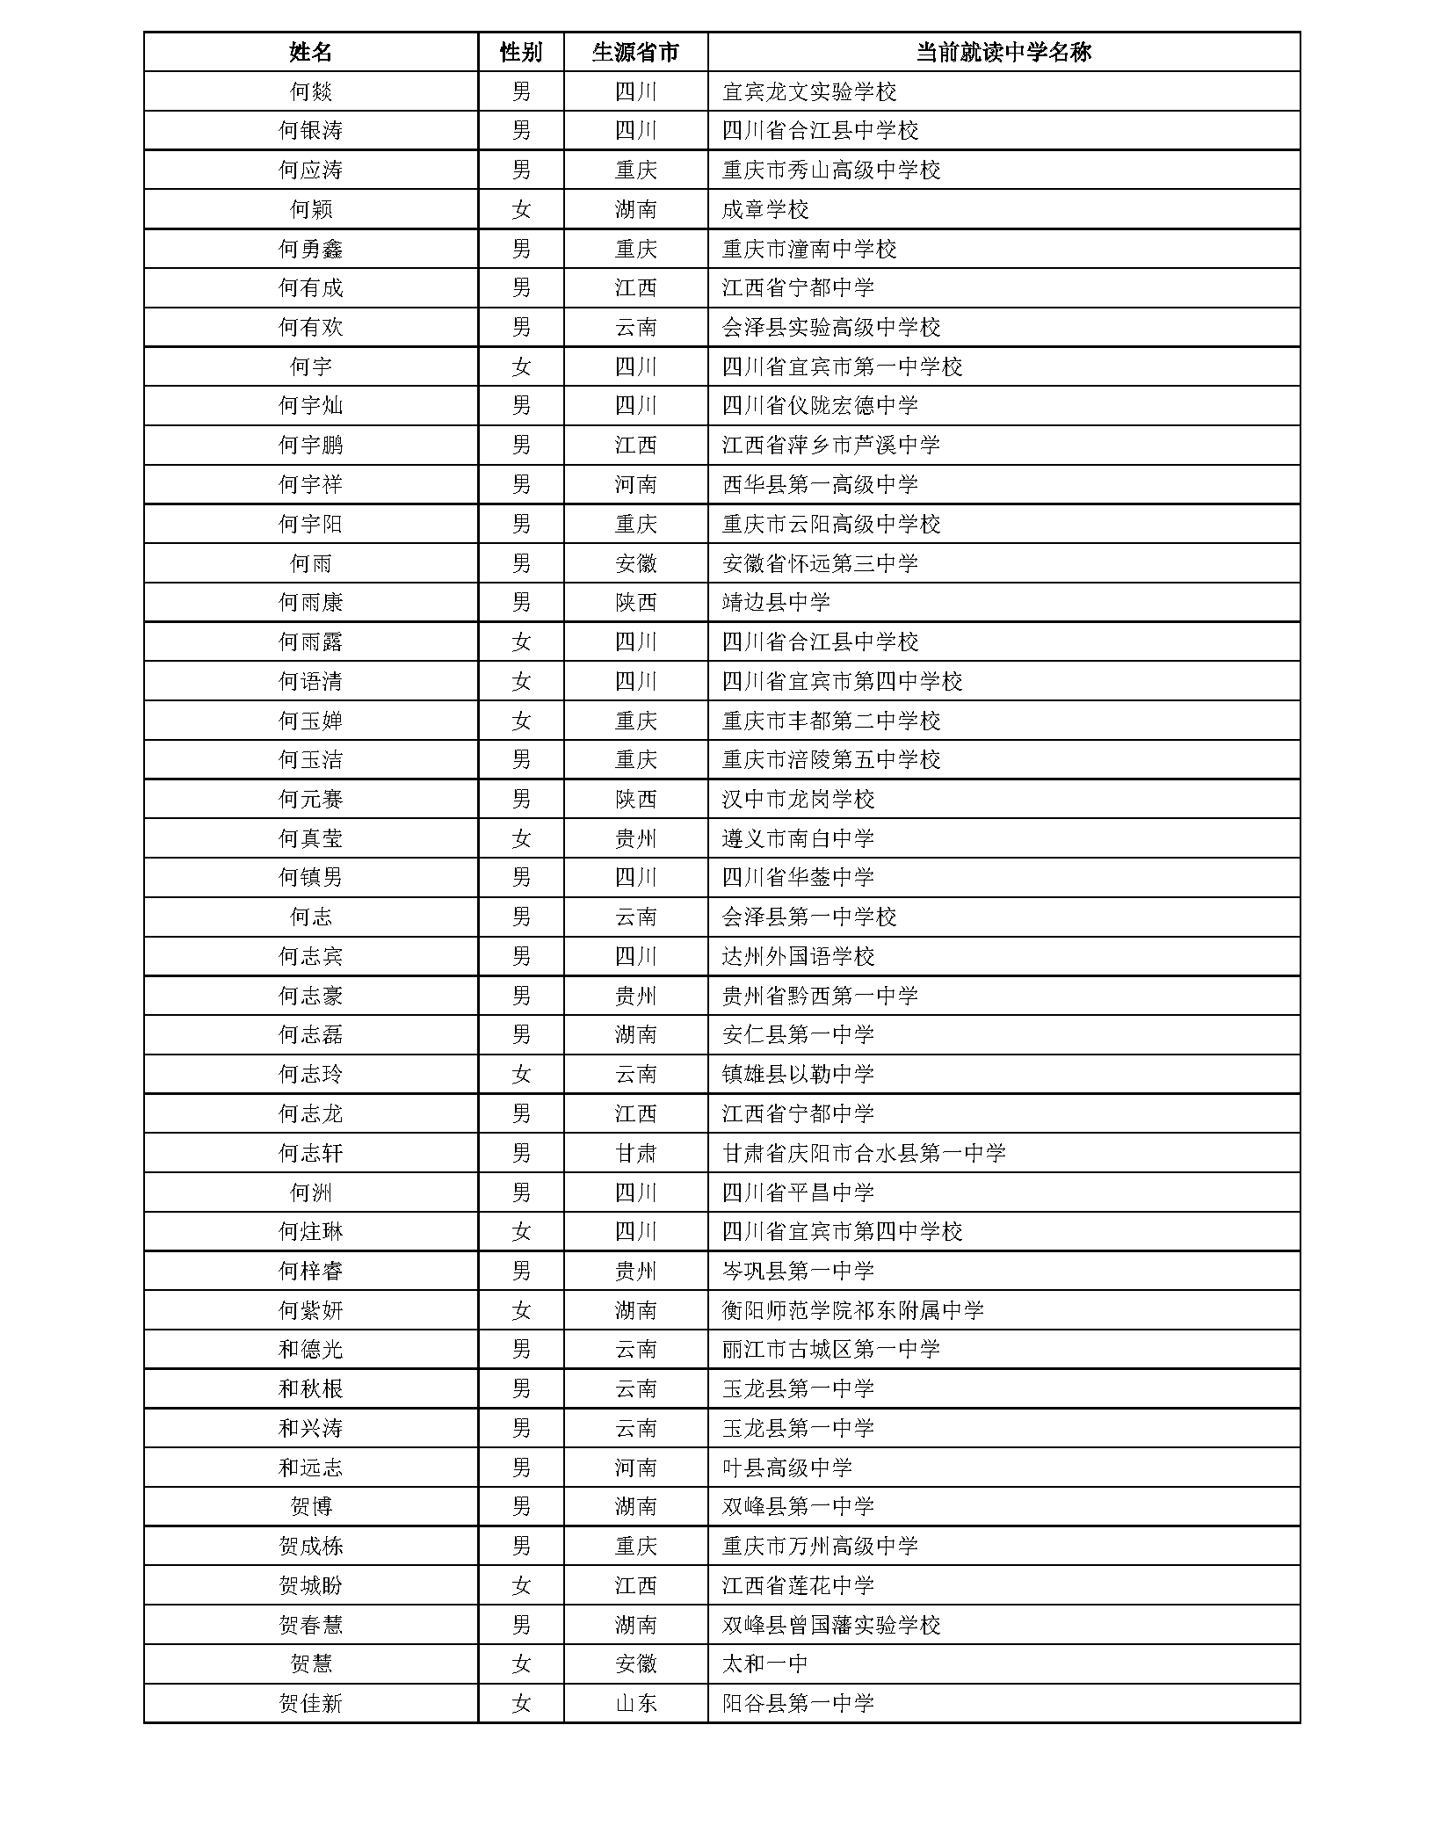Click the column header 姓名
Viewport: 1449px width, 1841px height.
310,52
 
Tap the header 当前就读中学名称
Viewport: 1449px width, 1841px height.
1003,52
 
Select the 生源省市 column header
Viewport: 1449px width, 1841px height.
635,52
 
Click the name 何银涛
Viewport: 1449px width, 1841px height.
310,131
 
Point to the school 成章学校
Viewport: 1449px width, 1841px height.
764,209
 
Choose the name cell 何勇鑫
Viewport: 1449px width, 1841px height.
310,249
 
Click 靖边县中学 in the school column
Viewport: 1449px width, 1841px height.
775,603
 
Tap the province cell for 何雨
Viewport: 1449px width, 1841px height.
635,563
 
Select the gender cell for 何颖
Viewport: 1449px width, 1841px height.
521,209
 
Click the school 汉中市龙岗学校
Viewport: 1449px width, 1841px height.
798,800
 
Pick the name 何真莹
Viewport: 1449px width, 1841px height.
310,838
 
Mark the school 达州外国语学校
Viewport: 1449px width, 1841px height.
798,956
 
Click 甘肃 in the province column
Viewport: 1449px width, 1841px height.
635,1153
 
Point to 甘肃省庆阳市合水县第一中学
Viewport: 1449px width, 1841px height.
863,1153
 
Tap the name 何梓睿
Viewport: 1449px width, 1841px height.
310,1271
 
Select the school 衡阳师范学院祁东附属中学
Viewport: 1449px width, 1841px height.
852,1310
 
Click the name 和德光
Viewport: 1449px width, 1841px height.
310,1349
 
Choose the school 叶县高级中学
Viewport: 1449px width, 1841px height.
786,1468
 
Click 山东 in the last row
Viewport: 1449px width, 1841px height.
635,1704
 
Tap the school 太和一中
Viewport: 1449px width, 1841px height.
764,1664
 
